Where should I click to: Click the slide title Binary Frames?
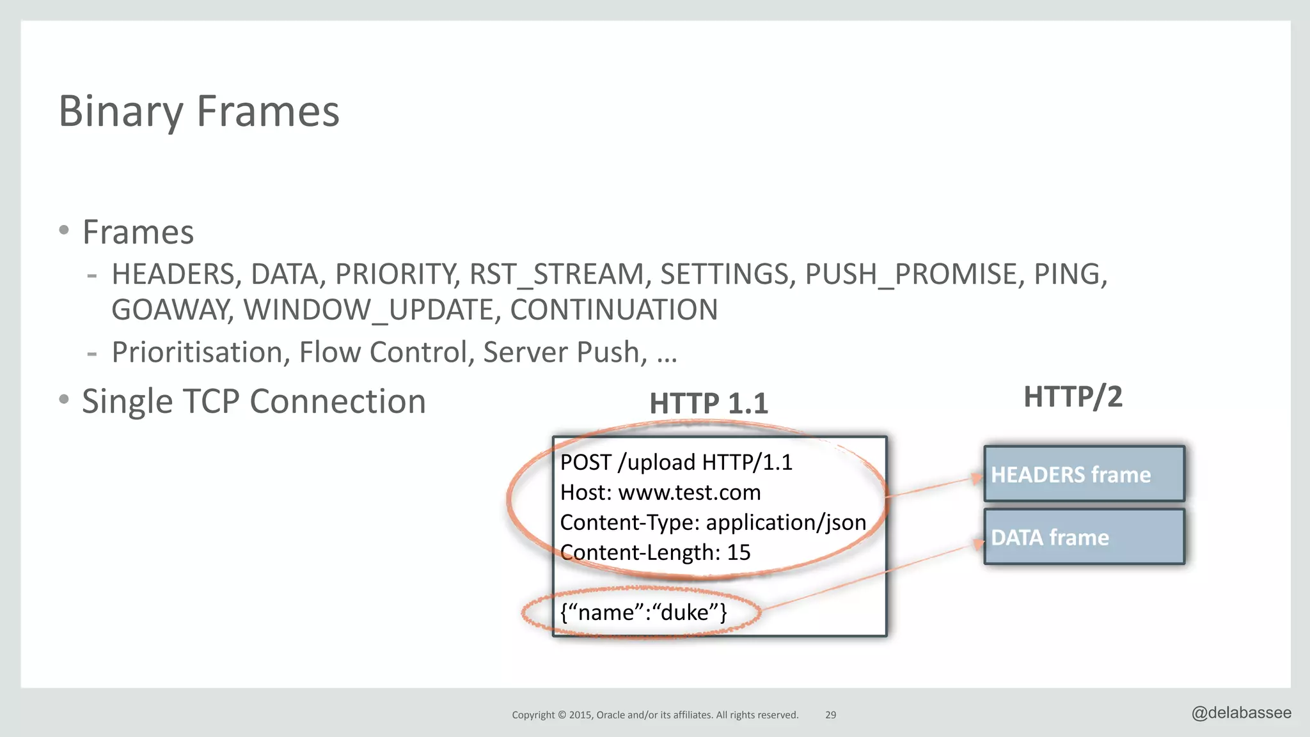(199, 111)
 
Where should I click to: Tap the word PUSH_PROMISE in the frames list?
(910, 274)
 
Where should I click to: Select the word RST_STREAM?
(556, 274)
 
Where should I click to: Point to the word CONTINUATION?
(613, 310)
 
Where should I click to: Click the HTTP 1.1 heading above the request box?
(708, 403)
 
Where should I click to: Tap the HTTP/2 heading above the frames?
(1073, 396)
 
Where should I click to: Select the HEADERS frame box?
(1084, 474)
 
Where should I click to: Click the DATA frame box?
(1084, 537)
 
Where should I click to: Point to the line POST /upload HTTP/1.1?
(676, 462)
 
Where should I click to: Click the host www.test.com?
(689, 492)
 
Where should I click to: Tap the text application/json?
(785, 522)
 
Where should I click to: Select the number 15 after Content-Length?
(739, 552)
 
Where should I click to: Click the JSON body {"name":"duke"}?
(643, 612)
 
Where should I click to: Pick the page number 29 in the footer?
(830, 715)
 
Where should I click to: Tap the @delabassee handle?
(1241, 713)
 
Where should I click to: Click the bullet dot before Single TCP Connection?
(63, 400)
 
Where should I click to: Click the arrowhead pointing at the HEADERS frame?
(976, 477)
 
